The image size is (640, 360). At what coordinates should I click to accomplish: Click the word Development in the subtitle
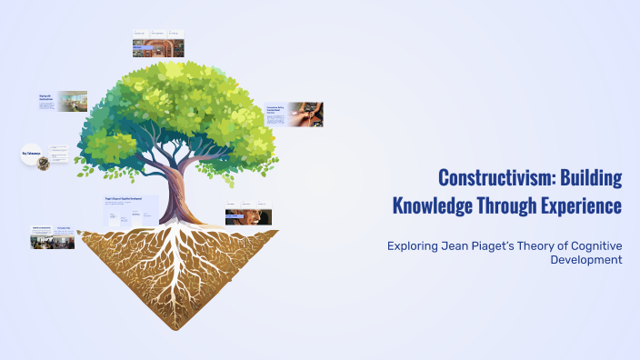pyautogui.click(x=586, y=259)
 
